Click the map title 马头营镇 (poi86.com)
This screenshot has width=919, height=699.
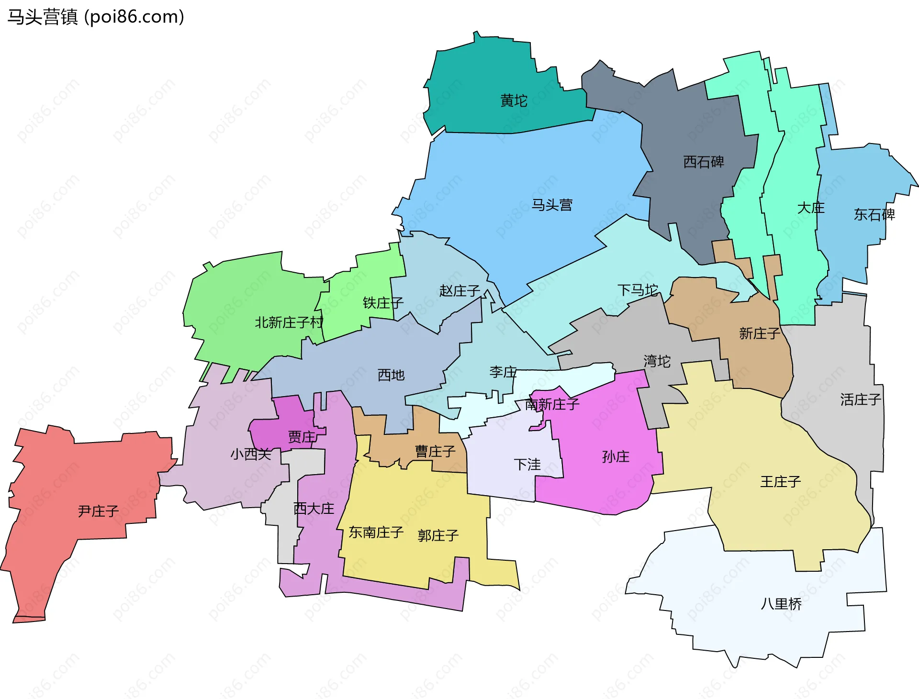tap(96, 17)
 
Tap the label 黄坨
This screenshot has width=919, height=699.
tap(514, 100)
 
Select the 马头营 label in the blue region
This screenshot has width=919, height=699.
tap(552, 205)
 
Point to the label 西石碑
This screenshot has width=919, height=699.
tap(703, 162)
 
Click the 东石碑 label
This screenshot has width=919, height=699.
tap(874, 214)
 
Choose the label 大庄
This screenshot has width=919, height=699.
tap(810, 208)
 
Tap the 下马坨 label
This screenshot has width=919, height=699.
tap(637, 290)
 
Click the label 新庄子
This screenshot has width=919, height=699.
tap(759, 333)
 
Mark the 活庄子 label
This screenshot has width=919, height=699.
tap(860, 399)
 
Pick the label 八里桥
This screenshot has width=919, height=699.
tap(781, 604)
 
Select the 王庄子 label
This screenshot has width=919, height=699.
tap(780, 481)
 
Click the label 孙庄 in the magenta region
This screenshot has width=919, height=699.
tap(616, 456)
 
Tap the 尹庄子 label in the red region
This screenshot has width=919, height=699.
tap(98, 511)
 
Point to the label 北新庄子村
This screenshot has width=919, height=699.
tap(289, 322)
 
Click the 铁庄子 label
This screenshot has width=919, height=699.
tap(383, 302)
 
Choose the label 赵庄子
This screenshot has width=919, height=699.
tap(459, 290)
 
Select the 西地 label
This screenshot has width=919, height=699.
tap(391, 375)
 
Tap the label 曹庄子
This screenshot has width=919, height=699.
tap(435, 451)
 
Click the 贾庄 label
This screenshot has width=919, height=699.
tap(302, 436)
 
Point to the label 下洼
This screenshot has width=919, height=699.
tap(527, 464)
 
